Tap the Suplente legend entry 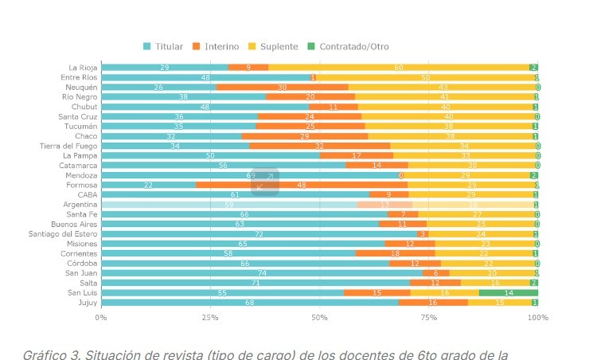pos(275,46)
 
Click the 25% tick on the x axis pos(210,317)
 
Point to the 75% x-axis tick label pos(429,317)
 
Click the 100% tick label pos(538,317)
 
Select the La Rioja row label pos(83,68)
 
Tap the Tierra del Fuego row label pos(68,146)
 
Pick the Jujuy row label pos(88,303)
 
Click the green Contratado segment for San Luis pos(509,293)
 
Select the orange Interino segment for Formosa pos(302,185)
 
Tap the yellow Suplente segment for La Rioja pos(399,68)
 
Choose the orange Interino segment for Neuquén pos(282,88)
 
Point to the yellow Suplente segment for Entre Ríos pos(425,77)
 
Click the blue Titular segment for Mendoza pos(251,175)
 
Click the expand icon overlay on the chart pos(265,182)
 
